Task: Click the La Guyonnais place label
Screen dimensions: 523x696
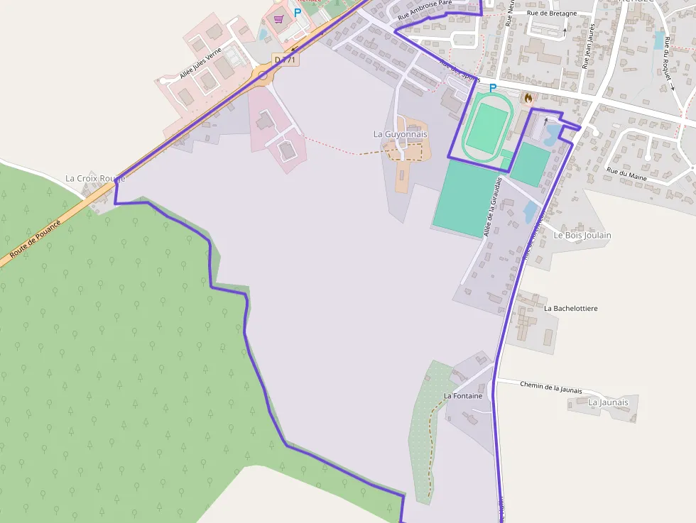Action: [x=401, y=134]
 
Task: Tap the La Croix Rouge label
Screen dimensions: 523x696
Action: [x=95, y=178]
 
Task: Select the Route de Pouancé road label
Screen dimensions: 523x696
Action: [x=36, y=237]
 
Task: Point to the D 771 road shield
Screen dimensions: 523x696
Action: [x=286, y=60]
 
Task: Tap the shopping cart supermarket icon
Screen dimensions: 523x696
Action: [x=278, y=18]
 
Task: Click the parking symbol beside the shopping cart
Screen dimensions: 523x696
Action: [x=298, y=13]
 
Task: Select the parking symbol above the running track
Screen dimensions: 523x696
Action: [x=493, y=88]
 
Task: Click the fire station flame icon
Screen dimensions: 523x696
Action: [x=528, y=98]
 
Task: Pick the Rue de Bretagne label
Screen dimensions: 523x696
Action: [x=550, y=13]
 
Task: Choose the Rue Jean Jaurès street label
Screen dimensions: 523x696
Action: [x=587, y=45]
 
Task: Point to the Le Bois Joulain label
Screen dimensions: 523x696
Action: [x=582, y=235]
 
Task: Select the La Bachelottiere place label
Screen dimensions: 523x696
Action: [x=570, y=309]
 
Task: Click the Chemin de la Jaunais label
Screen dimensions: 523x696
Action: [x=550, y=387]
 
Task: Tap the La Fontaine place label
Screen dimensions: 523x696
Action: [x=462, y=396]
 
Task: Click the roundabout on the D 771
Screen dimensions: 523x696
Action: [x=263, y=75]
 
